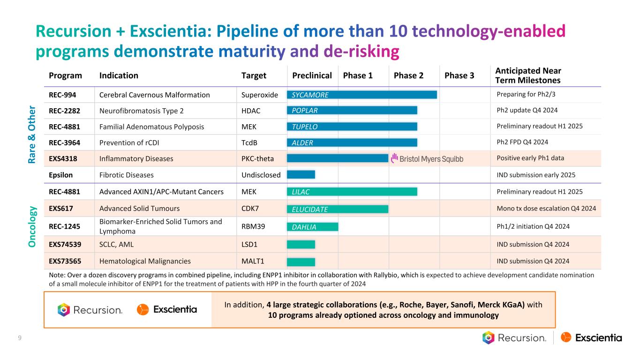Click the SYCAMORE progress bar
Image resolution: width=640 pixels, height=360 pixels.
(x=361, y=95)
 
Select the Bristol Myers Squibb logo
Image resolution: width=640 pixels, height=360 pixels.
(x=427, y=158)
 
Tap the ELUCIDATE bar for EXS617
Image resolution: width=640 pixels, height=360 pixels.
(x=337, y=209)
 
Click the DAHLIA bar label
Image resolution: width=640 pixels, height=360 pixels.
(x=304, y=227)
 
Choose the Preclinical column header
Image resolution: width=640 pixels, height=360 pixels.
(x=312, y=75)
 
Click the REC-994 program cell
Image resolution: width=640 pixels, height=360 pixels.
(x=63, y=95)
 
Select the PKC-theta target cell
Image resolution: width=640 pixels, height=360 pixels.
(x=257, y=158)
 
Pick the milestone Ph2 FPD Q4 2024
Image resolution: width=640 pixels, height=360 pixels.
(x=522, y=142)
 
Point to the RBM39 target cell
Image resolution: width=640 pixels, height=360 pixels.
(x=253, y=226)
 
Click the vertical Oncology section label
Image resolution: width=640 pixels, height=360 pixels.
(x=32, y=226)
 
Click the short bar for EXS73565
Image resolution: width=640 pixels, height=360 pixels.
(x=301, y=262)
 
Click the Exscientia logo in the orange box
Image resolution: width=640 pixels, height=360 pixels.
(x=167, y=309)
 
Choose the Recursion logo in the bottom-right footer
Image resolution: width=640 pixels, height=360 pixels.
(x=514, y=337)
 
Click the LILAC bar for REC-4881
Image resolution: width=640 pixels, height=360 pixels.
(x=352, y=191)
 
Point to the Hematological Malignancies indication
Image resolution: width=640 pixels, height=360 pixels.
(x=145, y=262)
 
